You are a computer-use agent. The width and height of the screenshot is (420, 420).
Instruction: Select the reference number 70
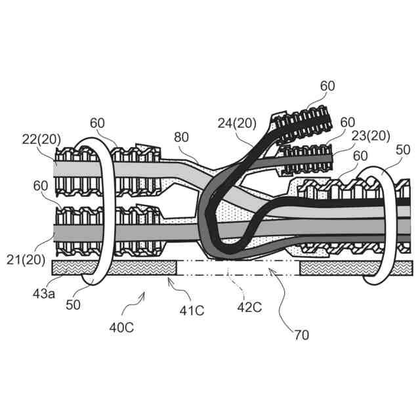301,334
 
